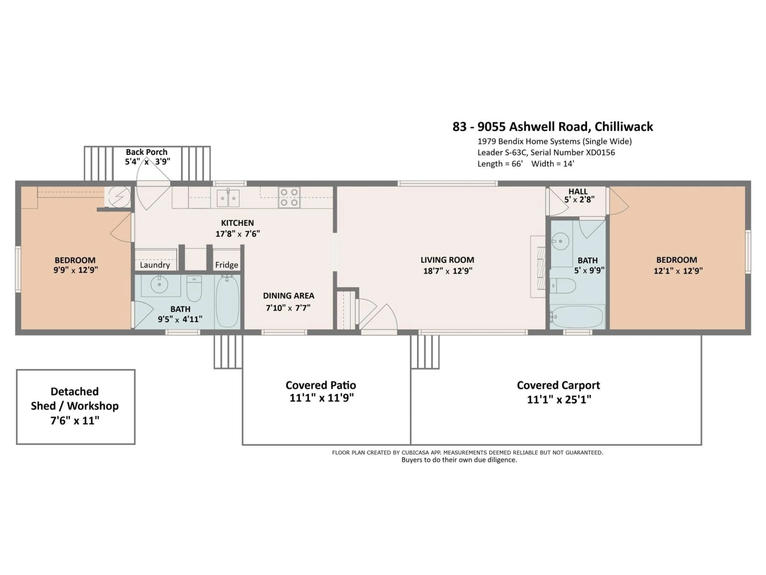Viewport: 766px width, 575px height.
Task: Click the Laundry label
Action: [155, 265]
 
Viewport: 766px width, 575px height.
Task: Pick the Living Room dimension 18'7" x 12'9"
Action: [448, 271]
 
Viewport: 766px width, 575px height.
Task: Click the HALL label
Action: [578, 191]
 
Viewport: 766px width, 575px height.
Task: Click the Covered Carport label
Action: [559, 385]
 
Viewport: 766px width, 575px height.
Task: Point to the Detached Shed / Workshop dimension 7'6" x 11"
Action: [75, 420]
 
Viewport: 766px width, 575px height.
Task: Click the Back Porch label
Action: [146, 152]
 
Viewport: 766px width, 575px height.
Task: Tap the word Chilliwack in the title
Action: [624, 127]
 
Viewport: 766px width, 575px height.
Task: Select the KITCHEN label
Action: [238, 223]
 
